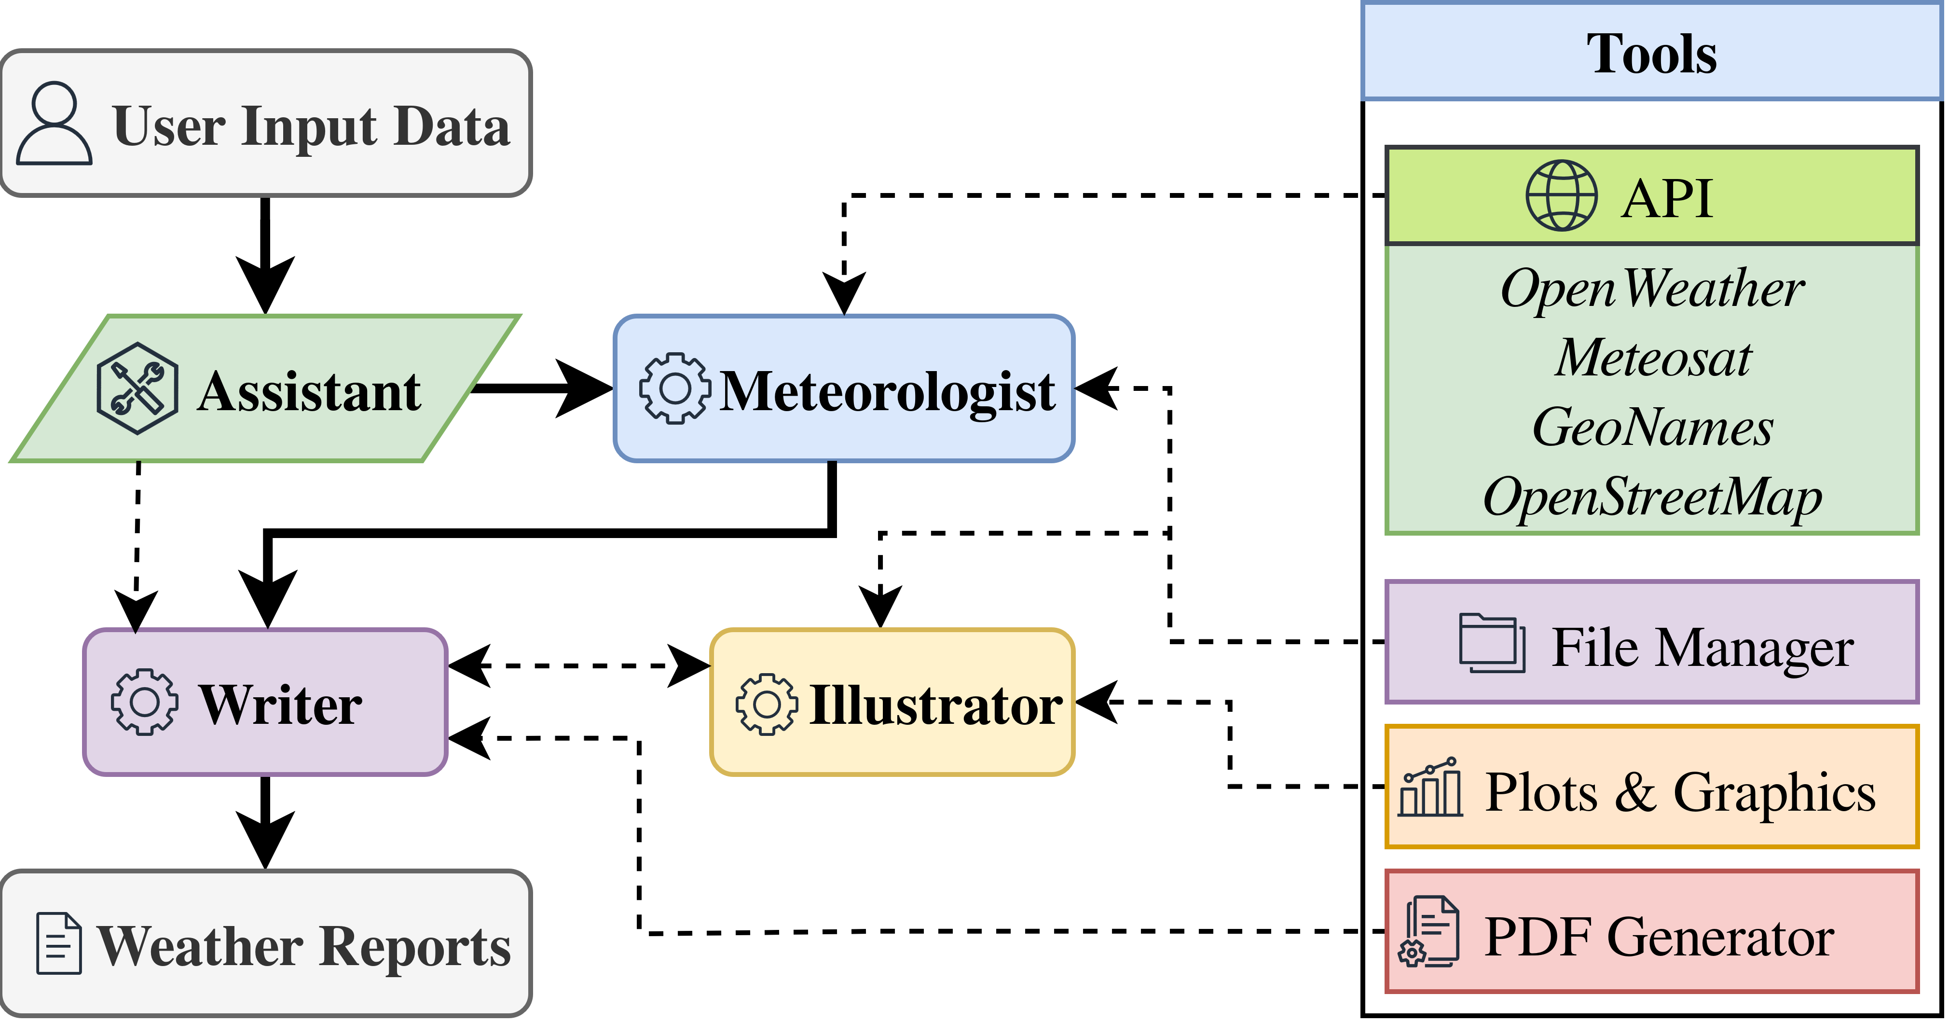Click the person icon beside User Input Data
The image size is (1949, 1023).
(x=55, y=124)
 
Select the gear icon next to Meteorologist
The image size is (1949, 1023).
(x=675, y=388)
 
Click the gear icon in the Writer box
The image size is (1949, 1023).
(x=145, y=702)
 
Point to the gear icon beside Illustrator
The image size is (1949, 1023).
(x=767, y=705)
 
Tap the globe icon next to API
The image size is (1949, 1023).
(x=1561, y=196)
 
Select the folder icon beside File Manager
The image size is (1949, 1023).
(x=1491, y=643)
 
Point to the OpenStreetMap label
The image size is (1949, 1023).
(x=1652, y=497)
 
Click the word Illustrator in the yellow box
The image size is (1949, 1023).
(x=936, y=705)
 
